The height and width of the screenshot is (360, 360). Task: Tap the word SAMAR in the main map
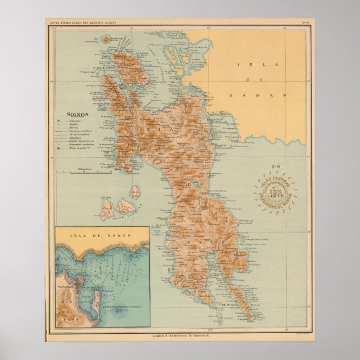(x=260, y=96)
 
